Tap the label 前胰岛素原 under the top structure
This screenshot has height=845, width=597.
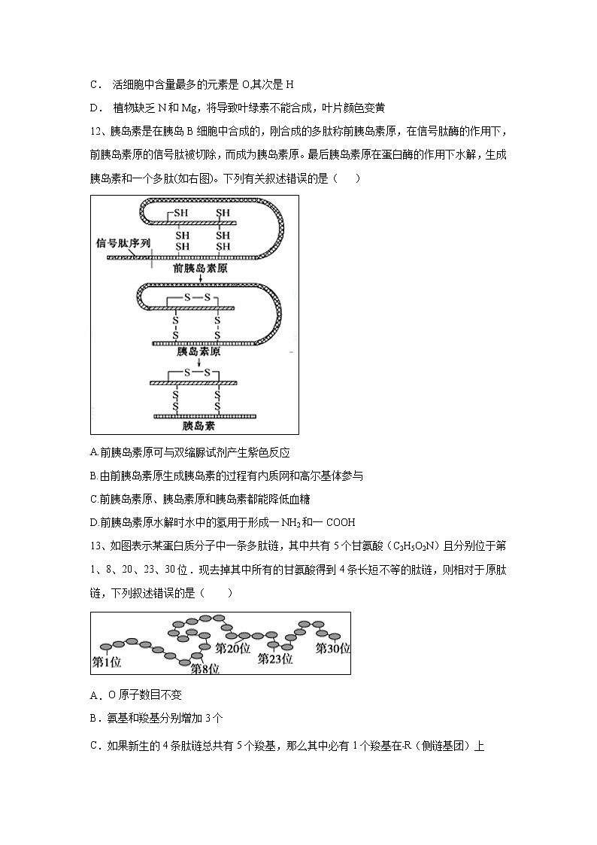pos(199,267)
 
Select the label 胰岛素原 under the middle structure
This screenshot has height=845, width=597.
pos(198,351)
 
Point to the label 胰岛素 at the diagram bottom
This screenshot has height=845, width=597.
pos(198,426)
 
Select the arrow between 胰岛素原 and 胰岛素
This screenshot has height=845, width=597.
pos(198,361)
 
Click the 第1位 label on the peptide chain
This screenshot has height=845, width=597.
pos(107,662)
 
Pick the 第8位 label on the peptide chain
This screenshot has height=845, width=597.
pos(205,668)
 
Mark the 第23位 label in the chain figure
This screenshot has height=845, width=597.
pos(274,658)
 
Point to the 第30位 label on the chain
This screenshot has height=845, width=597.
pos(332,648)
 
